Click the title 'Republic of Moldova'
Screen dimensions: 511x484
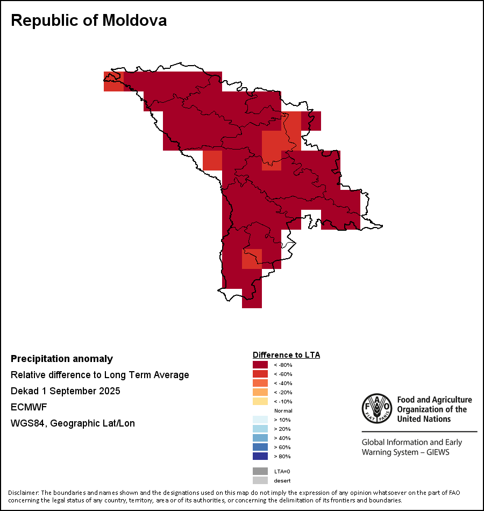(89, 20)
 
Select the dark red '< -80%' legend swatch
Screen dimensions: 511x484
(260, 365)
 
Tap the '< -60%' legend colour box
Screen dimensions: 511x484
(260, 374)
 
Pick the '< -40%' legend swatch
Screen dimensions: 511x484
(260, 383)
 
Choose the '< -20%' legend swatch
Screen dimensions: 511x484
(260, 392)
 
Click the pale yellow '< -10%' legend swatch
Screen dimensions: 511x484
(260, 401)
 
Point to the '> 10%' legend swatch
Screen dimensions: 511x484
(260, 420)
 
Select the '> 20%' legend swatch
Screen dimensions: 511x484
(260, 429)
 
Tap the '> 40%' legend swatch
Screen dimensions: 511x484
(260, 438)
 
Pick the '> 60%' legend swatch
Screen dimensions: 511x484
(260, 447)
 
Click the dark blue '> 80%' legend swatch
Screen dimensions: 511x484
(260, 456)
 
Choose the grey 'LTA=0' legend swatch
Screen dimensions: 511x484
(260, 471)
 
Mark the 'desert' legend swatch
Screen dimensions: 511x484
(260, 480)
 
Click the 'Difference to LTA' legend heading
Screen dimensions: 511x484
(286, 355)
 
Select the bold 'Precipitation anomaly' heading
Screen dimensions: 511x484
(62, 359)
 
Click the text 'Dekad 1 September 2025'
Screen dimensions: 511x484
(66, 391)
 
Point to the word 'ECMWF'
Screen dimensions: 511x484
(29, 407)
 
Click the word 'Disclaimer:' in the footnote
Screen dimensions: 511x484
(23, 493)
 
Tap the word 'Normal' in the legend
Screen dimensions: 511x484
(283, 410)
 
